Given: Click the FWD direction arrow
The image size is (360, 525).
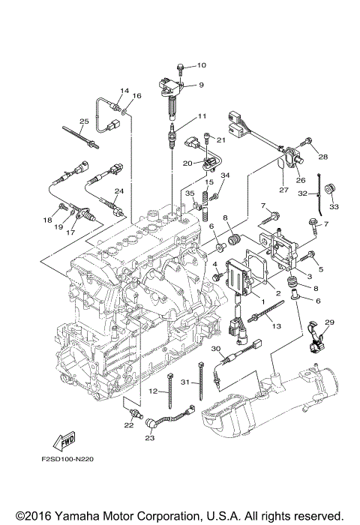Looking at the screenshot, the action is tap(64, 442).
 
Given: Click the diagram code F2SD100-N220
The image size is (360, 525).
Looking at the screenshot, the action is tap(67, 459).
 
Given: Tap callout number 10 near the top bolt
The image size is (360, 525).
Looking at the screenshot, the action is tap(201, 65).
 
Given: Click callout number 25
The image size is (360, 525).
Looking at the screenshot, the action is tap(84, 121).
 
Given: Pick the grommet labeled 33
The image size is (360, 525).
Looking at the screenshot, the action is tap(329, 188).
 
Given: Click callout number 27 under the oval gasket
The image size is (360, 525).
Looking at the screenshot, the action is tap(283, 190).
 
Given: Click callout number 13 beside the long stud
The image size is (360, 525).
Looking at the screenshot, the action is tap(277, 325).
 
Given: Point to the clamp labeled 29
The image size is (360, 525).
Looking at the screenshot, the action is tap(316, 337).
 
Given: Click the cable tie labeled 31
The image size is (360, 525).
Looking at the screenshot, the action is tap(201, 381).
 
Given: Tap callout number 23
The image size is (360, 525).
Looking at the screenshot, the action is tap(149, 437).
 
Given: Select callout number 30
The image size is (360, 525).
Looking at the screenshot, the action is tap(216, 349).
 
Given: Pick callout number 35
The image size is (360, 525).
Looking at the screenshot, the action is tap(190, 193).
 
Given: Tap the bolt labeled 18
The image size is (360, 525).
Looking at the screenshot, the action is tap(62, 208).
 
